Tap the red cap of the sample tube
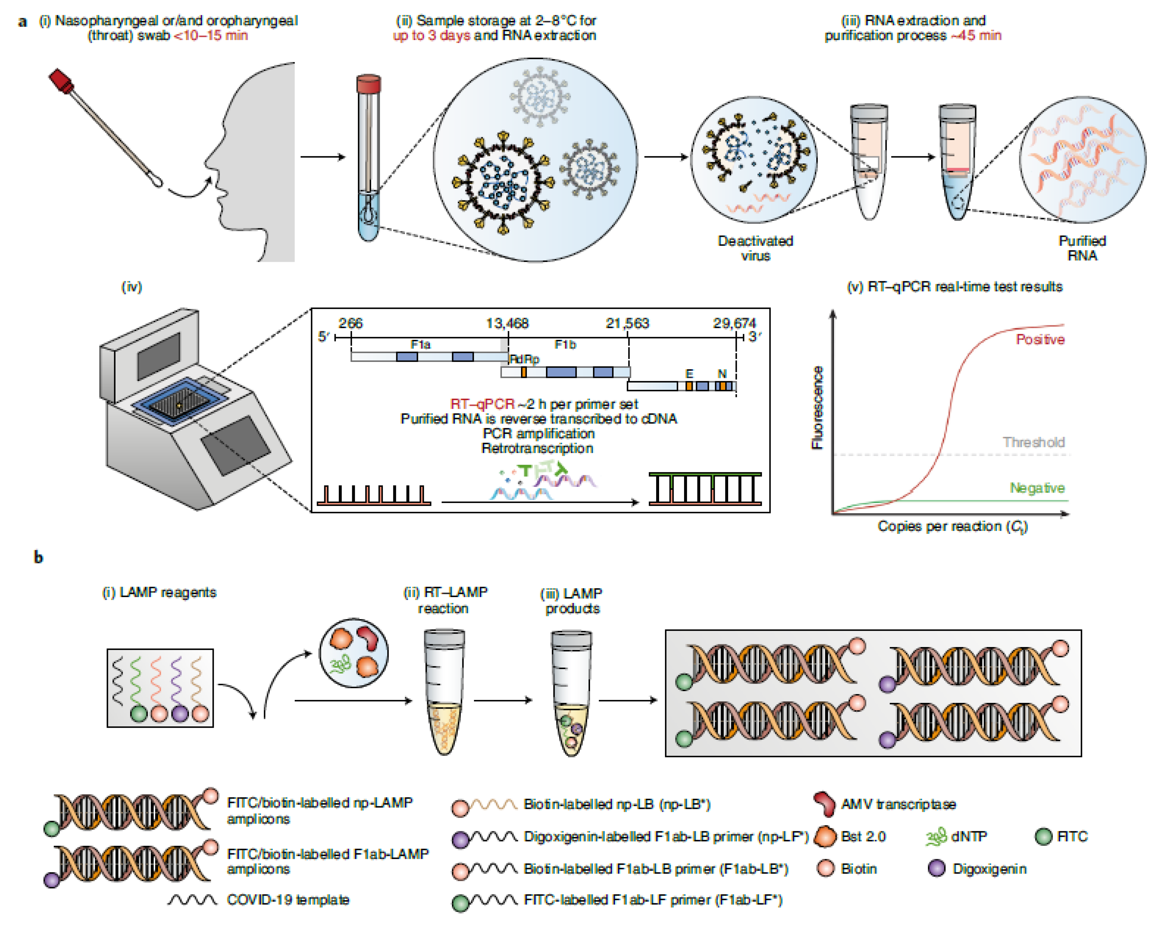[x=369, y=84]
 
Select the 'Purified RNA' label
[x=1081, y=248]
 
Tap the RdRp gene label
[x=524, y=359]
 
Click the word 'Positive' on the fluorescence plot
[x=1040, y=339]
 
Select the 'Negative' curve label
[x=1037, y=488]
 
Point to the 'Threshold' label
[x=1033, y=442]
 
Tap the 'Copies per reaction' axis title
[x=952, y=526]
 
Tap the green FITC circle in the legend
[x=1043, y=837]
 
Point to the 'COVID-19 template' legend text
[x=288, y=900]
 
